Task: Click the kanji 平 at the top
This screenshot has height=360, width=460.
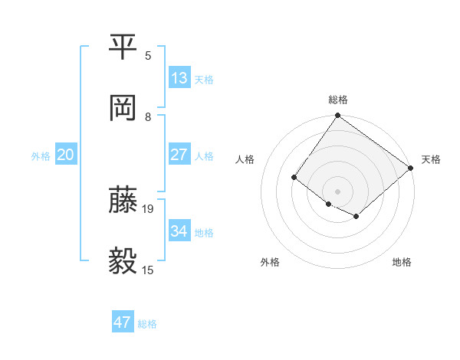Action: (x=123, y=47)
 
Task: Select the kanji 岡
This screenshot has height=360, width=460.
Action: (x=123, y=109)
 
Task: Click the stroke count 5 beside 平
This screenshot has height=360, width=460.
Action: (x=148, y=55)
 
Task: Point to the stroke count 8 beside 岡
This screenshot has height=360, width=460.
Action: (x=148, y=117)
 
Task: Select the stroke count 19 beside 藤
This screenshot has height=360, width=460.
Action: (x=149, y=208)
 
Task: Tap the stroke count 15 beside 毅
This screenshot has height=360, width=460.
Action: (x=149, y=270)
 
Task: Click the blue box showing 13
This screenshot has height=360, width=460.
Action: (x=179, y=78)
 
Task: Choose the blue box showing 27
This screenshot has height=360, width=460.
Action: (x=179, y=155)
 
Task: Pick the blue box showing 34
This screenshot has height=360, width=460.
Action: (x=179, y=231)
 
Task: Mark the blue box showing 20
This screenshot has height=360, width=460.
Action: (x=66, y=155)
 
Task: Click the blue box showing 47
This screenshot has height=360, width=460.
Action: (x=123, y=322)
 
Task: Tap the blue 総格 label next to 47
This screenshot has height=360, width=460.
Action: (x=147, y=324)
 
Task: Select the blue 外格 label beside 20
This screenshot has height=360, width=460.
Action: (x=41, y=155)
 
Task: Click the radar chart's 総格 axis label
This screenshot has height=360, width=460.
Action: (x=338, y=100)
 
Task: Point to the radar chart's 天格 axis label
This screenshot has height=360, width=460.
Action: (x=431, y=159)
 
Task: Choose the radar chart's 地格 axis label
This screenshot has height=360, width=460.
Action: (x=402, y=262)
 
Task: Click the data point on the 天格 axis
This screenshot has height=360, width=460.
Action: (x=411, y=169)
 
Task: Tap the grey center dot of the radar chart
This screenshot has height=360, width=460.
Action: (x=338, y=191)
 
